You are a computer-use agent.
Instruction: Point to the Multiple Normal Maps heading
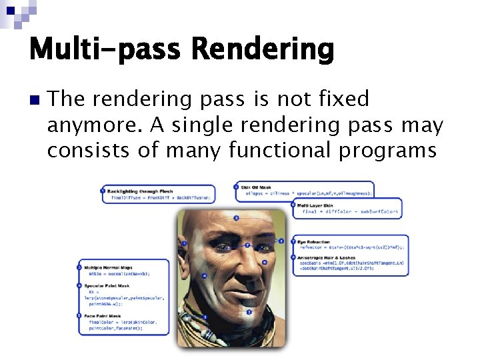tap(111, 267)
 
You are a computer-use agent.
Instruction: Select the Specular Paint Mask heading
tap(109, 285)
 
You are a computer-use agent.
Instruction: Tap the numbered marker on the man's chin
tap(249, 311)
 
